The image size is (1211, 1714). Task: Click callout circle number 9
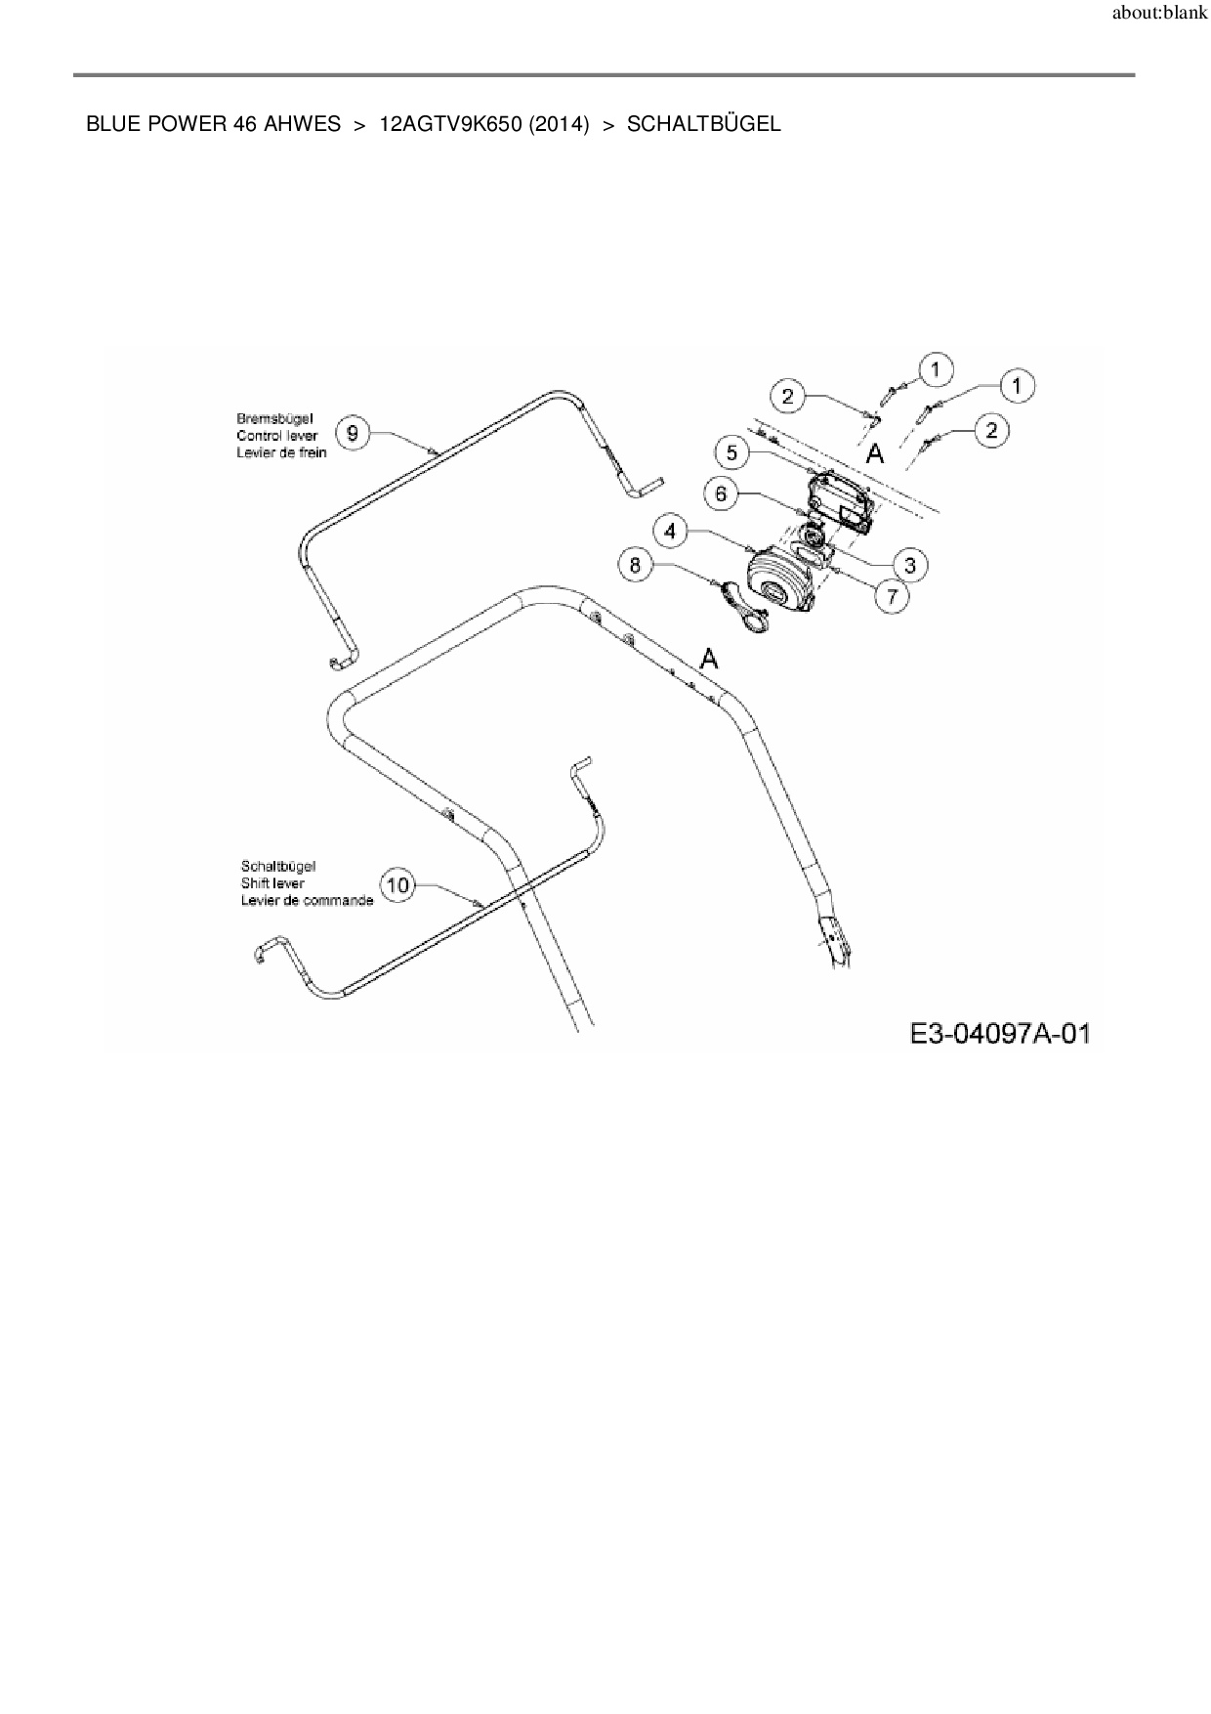(353, 433)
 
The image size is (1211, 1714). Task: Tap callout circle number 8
(636, 564)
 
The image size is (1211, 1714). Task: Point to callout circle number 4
(670, 531)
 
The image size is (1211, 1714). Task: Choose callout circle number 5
(732, 452)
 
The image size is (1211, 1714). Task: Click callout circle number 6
(721, 493)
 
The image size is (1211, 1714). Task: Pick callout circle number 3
(909, 565)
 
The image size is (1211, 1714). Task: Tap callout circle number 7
(892, 595)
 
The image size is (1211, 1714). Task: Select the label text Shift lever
(272, 883)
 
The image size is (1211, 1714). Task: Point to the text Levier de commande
(307, 900)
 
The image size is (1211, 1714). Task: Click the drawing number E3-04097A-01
(999, 1033)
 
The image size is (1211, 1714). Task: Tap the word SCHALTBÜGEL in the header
(703, 124)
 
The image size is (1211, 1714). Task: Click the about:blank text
(1160, 15)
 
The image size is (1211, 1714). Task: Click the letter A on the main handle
(709, 660)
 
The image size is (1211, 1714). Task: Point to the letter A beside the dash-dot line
(875, 453)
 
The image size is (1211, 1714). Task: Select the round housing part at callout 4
(780, 581)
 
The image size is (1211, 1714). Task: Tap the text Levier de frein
(281, 452)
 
